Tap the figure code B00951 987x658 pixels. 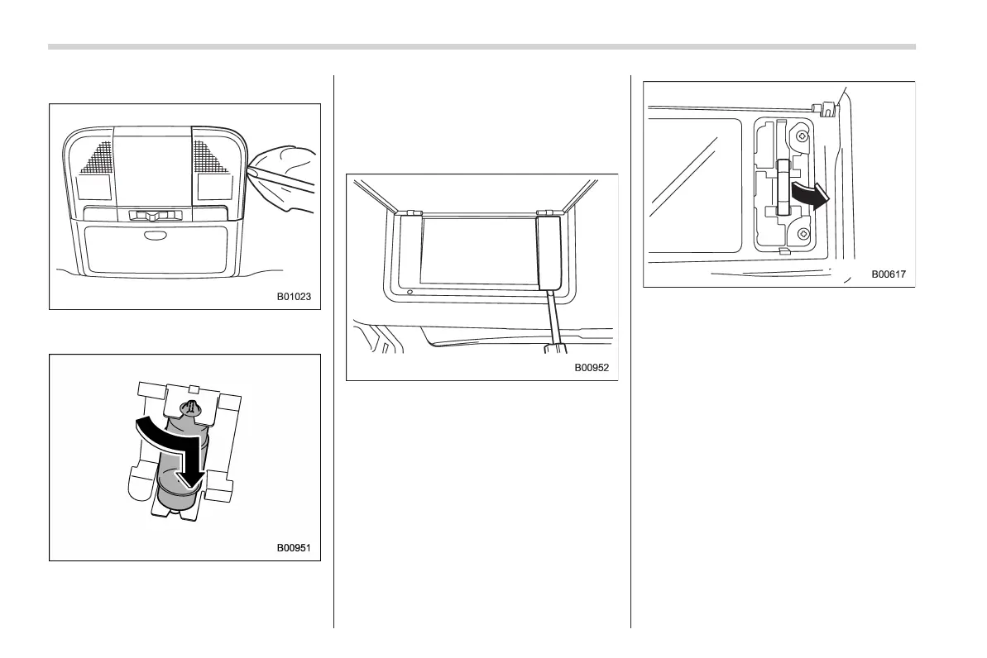(x=294, y=547)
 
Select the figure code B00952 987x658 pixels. (x=592, y=368)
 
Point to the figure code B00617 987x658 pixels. (x=889, y=274)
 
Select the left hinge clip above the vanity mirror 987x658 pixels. (x=409, y=212)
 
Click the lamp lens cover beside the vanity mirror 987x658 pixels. (x=546, y=251)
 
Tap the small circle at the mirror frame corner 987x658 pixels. (x=410, y=291)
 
